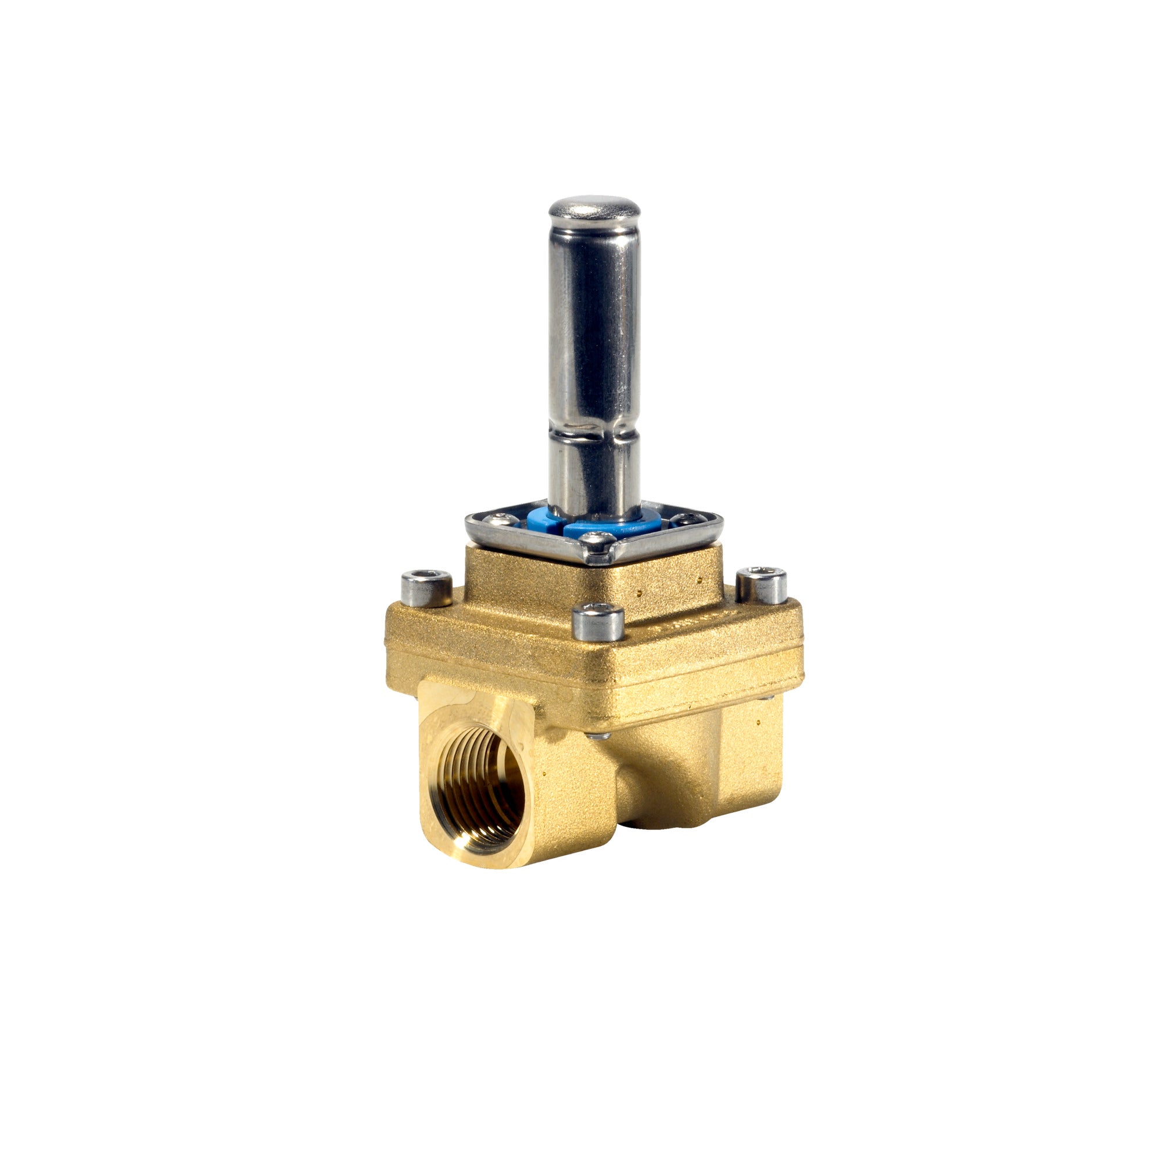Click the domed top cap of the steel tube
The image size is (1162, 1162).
594,208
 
